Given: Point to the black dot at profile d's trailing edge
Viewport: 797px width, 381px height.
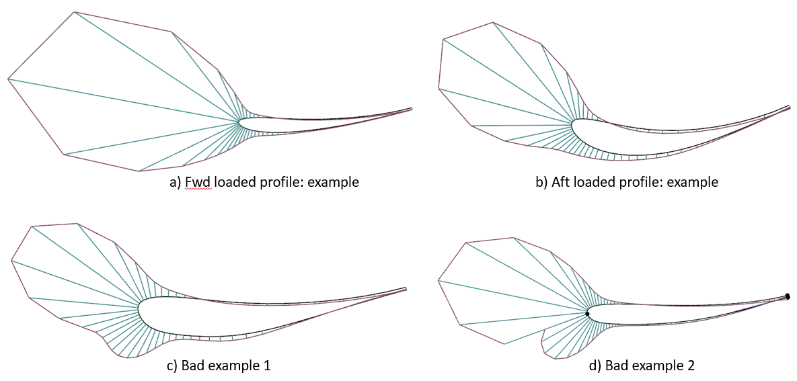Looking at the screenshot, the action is [x=788, y=296].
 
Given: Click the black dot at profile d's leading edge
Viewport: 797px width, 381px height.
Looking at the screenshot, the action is [x=587, y=314].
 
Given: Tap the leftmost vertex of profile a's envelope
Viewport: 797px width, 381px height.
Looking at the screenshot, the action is [x=8, y=79].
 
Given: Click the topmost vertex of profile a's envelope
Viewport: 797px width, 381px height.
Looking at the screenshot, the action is [x=74, y=11].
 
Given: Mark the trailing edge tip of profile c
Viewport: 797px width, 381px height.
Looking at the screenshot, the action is [x=406, y=288].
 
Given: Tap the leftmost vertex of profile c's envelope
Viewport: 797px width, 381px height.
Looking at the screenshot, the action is [x=11, y=261].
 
